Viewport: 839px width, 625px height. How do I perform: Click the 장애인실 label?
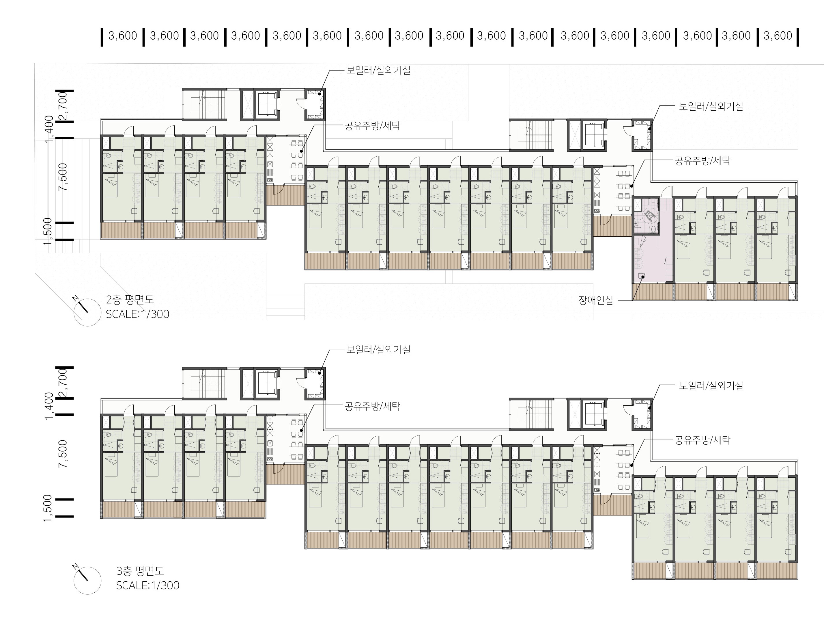pos(596,301)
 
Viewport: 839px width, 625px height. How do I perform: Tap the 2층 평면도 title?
pos(130,300)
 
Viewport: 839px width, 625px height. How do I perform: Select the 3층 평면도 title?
pos(140,571)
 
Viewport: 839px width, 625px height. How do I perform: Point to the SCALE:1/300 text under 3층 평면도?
pos(148,585)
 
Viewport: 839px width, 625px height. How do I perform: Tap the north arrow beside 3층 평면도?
pos(87,580)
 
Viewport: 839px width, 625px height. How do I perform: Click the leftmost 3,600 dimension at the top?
pos(123,36)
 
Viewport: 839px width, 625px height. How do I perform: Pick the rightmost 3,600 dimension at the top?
pos(778,36)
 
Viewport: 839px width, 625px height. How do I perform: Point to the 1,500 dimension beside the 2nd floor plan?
pos(48,231)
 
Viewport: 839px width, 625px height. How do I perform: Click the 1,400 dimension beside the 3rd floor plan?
pos(49,406)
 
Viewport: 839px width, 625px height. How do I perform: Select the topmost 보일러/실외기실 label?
pos(378,71)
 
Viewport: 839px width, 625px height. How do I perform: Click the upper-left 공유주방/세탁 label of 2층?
pos(372,126)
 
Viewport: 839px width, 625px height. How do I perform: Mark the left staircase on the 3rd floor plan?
pos(204,383)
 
